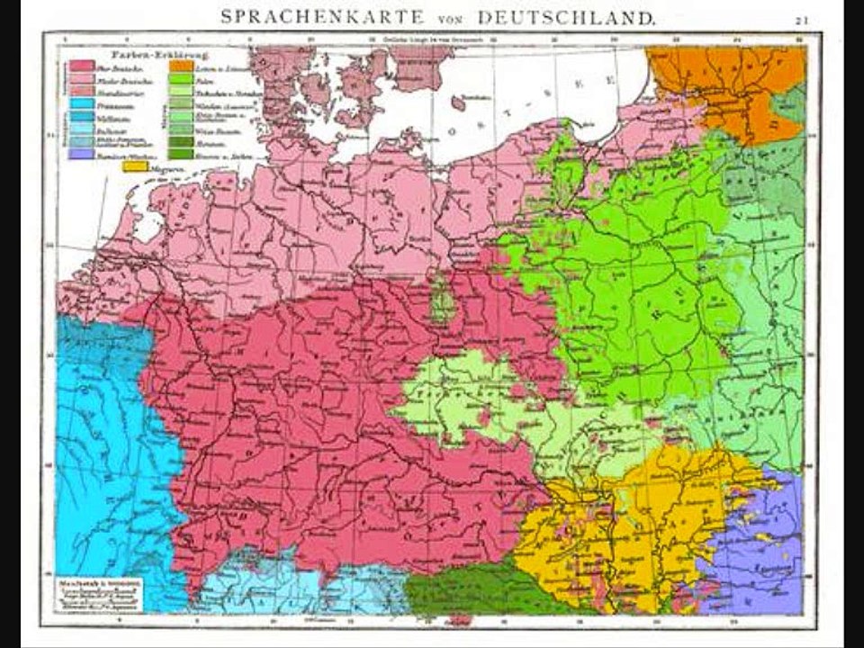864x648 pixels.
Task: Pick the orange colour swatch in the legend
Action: click(x=180, y=66)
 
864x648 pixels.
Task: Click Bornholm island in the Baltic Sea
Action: click(x=458, y=104)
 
